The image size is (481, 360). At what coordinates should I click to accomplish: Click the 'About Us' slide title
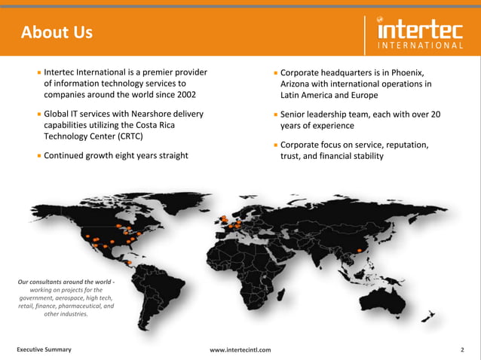(57, 32)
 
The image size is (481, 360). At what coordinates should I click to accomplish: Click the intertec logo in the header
(420, 33)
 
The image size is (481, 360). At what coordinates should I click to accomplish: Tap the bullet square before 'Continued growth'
(38, 156)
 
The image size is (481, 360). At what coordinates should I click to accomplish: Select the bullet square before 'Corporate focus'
(277, 145)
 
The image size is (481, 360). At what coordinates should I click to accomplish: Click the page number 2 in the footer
(461, 349)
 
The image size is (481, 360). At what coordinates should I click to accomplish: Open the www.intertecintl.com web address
(240, 349)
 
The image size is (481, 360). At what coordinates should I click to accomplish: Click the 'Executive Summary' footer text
(44, 349)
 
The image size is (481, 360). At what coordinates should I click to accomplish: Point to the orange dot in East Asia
(360, 251)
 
